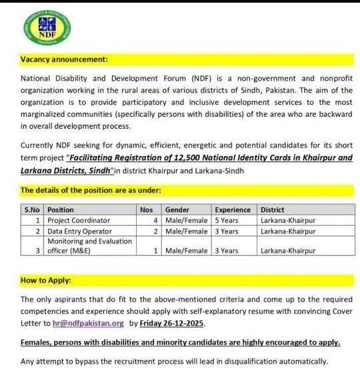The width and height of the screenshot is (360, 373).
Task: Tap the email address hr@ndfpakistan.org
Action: (88, 323)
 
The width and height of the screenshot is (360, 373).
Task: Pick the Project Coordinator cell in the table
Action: (78, 220)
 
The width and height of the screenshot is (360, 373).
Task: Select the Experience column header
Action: (233, 210)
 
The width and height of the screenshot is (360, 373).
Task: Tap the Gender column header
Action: (177, 210)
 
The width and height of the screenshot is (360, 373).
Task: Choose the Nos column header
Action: (147, 210)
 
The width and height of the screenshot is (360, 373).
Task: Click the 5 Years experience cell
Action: (227, 220)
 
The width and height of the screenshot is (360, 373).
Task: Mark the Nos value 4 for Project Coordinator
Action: (155, 220)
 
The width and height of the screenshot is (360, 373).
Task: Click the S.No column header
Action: (32, 210)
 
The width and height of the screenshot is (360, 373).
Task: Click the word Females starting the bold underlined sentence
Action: (37, 342)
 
